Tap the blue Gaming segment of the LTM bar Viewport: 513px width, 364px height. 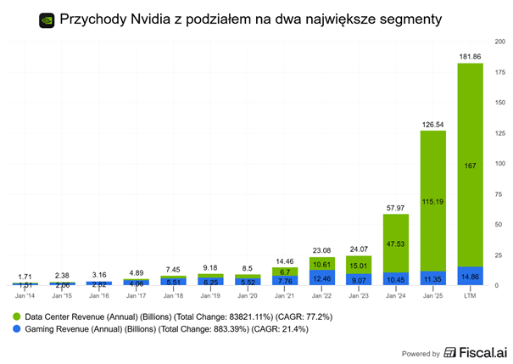tap(470, 276)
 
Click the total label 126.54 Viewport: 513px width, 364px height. tap(432, 124)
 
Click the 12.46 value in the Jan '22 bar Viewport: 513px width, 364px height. tap(321, 277)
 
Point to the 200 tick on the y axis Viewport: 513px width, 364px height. tap(500, 41)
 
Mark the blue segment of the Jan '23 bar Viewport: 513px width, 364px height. tap(359, 279)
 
